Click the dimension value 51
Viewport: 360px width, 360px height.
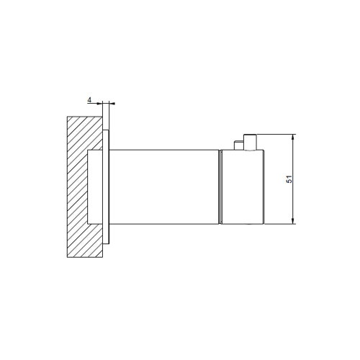coord(289,180)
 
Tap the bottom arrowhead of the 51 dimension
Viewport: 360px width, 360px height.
coord(294,222)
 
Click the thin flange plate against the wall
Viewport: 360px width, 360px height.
coord(107,186)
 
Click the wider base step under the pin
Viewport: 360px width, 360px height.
coord(246,146)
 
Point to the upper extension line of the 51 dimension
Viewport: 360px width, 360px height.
coord(277,134)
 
